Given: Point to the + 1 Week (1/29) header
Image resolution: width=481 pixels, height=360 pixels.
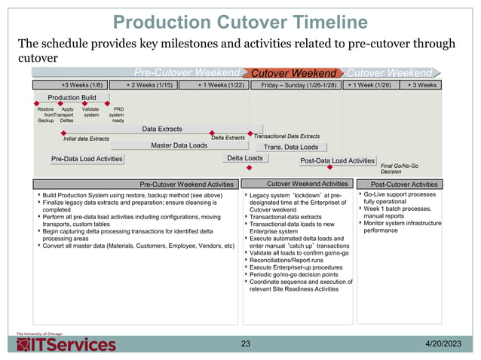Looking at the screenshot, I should point(369,85).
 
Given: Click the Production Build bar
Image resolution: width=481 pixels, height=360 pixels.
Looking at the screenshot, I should point(72,98).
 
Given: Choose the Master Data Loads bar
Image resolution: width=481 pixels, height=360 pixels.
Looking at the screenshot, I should point(179,145).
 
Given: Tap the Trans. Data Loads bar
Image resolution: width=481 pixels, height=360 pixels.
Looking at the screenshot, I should point(291,147).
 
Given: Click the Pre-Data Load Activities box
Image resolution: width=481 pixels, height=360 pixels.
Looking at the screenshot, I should point(87,159).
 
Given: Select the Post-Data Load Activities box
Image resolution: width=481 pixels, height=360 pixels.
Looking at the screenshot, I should point(337,160).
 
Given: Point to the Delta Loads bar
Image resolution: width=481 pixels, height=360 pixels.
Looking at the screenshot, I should point(245,158).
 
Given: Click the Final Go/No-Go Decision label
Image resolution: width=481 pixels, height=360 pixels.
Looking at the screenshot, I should point(400,168).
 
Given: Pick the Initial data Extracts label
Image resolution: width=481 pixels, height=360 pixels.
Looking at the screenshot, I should point(86,139).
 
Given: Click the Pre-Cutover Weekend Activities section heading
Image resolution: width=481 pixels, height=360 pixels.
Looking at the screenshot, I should point(187,184).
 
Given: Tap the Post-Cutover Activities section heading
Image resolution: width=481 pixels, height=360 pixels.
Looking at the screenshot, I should point(404,184).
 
